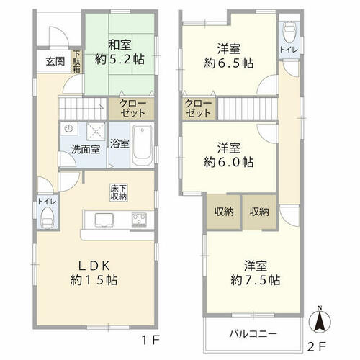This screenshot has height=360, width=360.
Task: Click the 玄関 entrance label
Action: (55, 61)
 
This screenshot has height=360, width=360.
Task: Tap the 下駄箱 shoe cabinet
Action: (76, 61)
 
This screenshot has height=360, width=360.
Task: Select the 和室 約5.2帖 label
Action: (120, 52)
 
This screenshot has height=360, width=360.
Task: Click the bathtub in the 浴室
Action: (143, 145)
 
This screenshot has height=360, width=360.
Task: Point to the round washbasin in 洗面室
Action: (69, 129)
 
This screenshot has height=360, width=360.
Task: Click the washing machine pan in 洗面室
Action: (96, 132)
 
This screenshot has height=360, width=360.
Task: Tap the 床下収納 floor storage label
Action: (119, 192)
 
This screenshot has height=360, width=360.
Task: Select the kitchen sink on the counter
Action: (104, 220)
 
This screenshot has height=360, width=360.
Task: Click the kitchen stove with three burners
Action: (139, 220)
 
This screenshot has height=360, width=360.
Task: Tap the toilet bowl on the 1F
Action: (48, 217)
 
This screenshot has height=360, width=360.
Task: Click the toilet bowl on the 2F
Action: (289, 32)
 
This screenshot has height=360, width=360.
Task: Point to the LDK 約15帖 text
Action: (94, 273)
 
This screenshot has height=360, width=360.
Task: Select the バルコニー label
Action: (253, 334)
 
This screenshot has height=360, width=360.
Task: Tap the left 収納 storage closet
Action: (224, 212)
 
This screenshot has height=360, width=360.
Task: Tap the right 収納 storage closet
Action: (259, 212)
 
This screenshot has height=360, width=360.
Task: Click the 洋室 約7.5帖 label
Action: (255, 273)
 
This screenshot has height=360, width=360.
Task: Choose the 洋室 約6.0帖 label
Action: (228, 155)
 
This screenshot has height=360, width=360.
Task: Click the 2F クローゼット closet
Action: (199, 108)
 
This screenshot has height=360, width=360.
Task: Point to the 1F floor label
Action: (151, 340)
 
